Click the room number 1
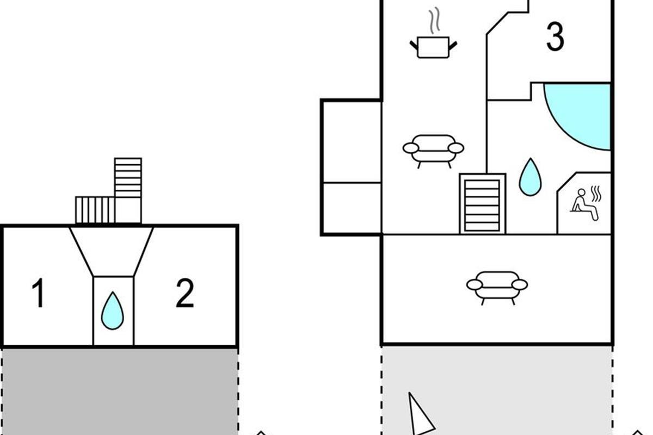click(38, 294)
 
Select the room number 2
click(184, 294)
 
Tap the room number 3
click(555, 38)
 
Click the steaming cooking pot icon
click(433, 46)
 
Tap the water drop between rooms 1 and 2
click(113, 310)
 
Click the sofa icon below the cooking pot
click(433, 150)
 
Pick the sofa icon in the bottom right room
click(497, 287)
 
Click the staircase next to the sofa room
click(482, 203)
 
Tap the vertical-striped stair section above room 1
click(95, 210)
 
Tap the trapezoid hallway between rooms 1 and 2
click(112, 250)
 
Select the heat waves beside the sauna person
click(596, 194)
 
